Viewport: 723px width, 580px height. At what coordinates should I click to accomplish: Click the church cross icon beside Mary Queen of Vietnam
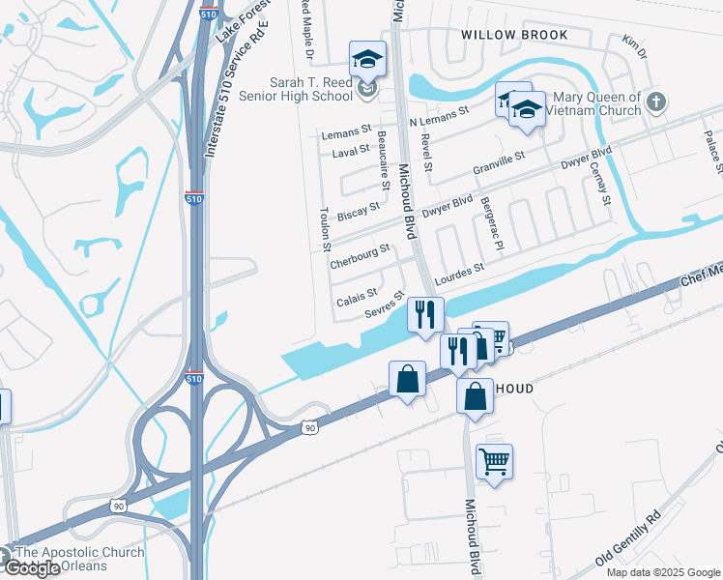(x=656, y=101)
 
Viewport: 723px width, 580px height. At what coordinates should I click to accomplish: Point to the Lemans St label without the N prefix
(x=346, y=130)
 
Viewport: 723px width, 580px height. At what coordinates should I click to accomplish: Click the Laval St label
(x=351, y=150)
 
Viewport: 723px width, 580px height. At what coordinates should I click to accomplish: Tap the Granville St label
(x=499, y=162)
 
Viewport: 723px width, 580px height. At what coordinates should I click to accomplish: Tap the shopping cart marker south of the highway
(x=494, y=464)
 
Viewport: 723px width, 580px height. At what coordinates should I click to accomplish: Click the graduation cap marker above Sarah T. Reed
(x=367, y=60)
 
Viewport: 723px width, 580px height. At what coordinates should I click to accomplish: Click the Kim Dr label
(x=633, y=44)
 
